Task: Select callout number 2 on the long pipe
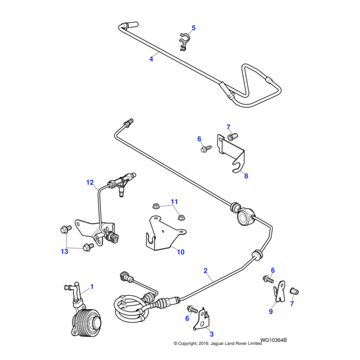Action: (205, 271)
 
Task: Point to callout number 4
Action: (151, 58)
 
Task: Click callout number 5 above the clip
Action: (194, 28)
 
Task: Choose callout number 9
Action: (270, 312)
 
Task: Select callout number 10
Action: (181, 252)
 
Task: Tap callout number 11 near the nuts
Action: (175, 201)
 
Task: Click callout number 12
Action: (90, 182)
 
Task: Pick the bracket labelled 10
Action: (161, 235)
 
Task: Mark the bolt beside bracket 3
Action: (192, 310)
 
